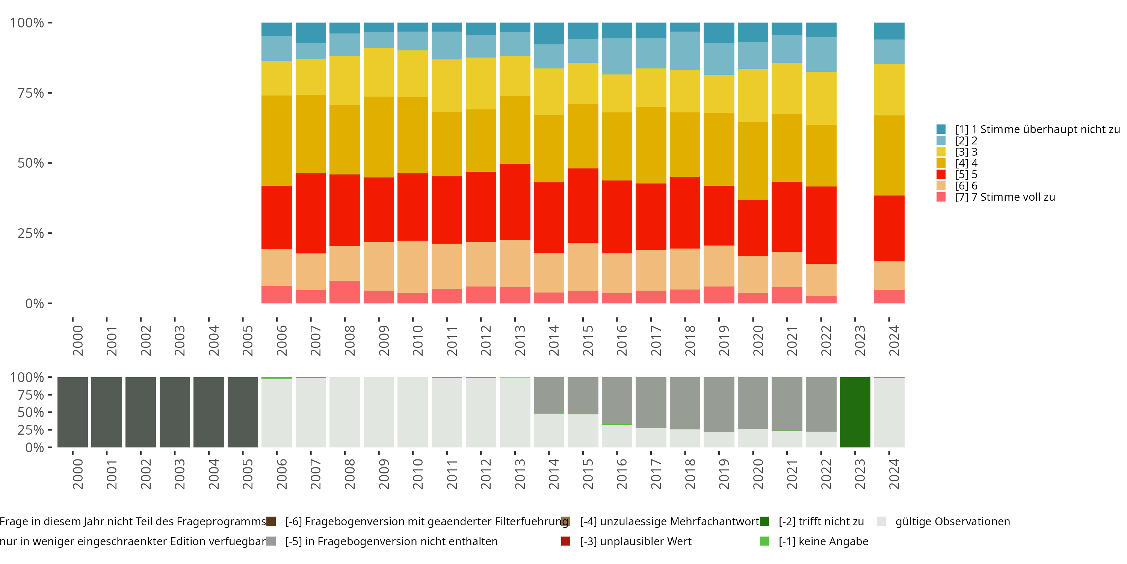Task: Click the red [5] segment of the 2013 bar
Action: [x=515, y=202]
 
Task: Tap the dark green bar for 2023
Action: [x=855, y=412]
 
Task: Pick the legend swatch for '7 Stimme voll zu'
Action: [x=941, y=197]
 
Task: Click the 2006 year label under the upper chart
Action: [x=282, y=340]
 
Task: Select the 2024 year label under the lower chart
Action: [x=894, y=474]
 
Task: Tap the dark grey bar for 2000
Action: [x=73, y=412]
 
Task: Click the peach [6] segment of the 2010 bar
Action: [x=412, y=266]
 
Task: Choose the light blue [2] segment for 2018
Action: [x=685, y=51]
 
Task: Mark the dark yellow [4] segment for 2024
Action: [x=889, y=155]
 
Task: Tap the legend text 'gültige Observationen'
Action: [x=952, y=522]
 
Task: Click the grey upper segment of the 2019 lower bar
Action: [x=719, y=404]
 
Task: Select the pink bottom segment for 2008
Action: [x=345, y=292]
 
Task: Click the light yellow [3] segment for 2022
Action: [x=821, y=98]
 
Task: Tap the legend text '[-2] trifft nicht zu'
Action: [x=821, y=522]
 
